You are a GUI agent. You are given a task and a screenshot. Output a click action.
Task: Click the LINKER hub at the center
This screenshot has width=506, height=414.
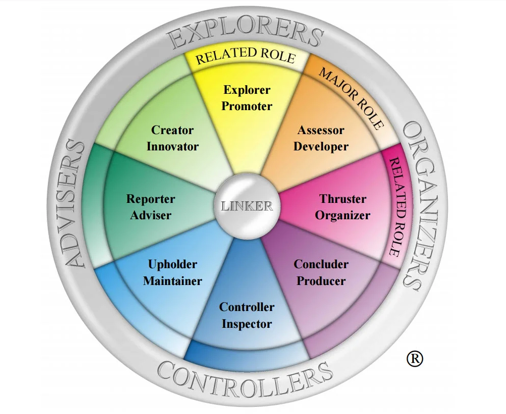(x=247, y=206)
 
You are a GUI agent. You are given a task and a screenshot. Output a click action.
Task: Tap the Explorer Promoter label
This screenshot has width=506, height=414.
(x=247, y=98)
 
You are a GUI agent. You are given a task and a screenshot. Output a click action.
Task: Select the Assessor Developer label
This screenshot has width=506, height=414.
(x=321, y=139)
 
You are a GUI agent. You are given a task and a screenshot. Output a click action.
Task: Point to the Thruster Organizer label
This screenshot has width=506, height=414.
(x=342, y=207)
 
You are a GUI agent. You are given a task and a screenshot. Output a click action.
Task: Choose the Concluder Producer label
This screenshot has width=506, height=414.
(x=321, y=272)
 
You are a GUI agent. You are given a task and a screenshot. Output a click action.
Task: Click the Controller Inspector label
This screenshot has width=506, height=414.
(x=247, y=315)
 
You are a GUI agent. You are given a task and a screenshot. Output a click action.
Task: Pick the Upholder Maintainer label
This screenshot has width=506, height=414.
(x=172, y=272)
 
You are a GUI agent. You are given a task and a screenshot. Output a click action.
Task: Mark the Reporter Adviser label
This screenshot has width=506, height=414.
(x=150, y=207)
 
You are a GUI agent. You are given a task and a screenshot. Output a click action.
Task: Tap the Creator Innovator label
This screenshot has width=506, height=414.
(x=172, y=139)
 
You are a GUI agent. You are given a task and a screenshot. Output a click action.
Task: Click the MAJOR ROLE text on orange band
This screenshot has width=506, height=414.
(x=351, y=97)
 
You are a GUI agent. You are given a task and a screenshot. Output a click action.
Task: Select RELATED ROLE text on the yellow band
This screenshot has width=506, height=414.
(x=245, y=56)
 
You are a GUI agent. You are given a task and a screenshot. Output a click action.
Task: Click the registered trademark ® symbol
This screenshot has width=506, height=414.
(x=415, y=358)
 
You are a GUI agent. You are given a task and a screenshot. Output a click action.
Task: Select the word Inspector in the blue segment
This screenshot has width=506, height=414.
(x=247, y=324)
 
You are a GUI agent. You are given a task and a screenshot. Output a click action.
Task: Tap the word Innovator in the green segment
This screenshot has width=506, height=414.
(x=172, y=147)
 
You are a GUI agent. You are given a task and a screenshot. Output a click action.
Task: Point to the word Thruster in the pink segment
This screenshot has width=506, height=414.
(x=342, y=199)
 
